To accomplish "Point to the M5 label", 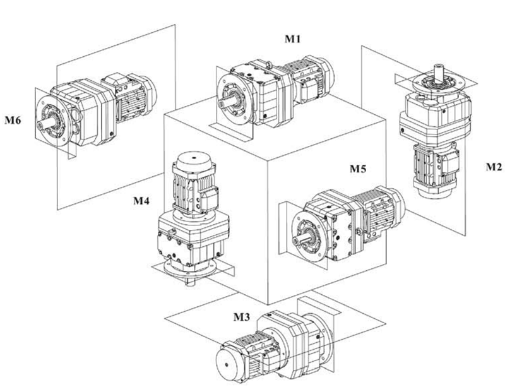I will pos(359,170).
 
